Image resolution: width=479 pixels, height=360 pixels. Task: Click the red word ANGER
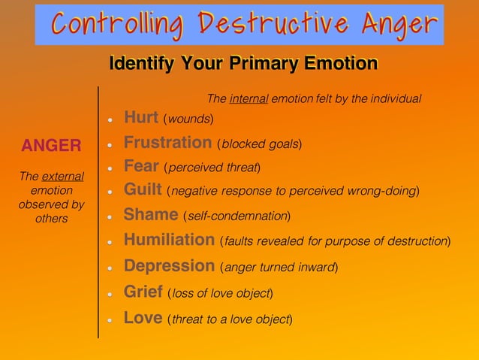(51, 145)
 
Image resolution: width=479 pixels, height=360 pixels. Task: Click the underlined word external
(62, 177)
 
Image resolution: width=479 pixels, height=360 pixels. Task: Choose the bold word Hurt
(140, 117)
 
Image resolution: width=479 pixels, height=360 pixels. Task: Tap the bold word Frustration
(167, 142)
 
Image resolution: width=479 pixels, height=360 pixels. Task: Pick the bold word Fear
(140, 165)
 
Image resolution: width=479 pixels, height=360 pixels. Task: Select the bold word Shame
(150, 215)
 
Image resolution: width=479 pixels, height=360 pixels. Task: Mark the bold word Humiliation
(169, 240)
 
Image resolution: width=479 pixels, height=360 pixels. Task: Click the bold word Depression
(169, 265)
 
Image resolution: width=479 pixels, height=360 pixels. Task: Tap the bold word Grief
(143, 292)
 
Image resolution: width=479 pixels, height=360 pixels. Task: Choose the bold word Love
(143, 317)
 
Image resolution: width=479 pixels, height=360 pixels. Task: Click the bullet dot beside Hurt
(110, 119)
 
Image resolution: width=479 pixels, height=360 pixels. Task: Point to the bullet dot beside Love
(110, 319)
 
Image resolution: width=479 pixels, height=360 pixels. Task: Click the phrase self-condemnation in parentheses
(236, 216)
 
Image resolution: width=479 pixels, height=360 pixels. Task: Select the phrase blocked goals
(260, 144)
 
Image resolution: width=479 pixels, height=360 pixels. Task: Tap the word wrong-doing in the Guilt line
(383, 191)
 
